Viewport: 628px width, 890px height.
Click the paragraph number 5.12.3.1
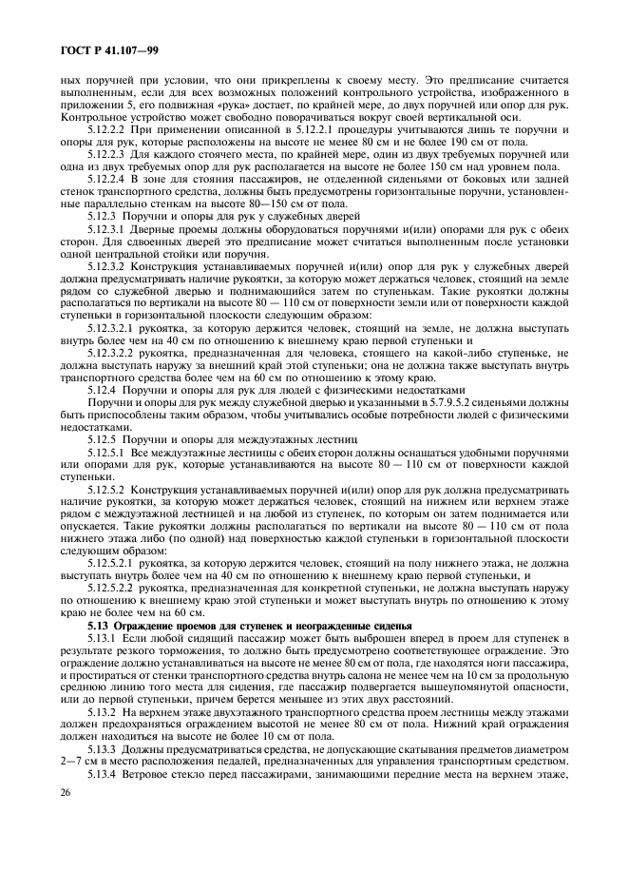click(x=107, y=229)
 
